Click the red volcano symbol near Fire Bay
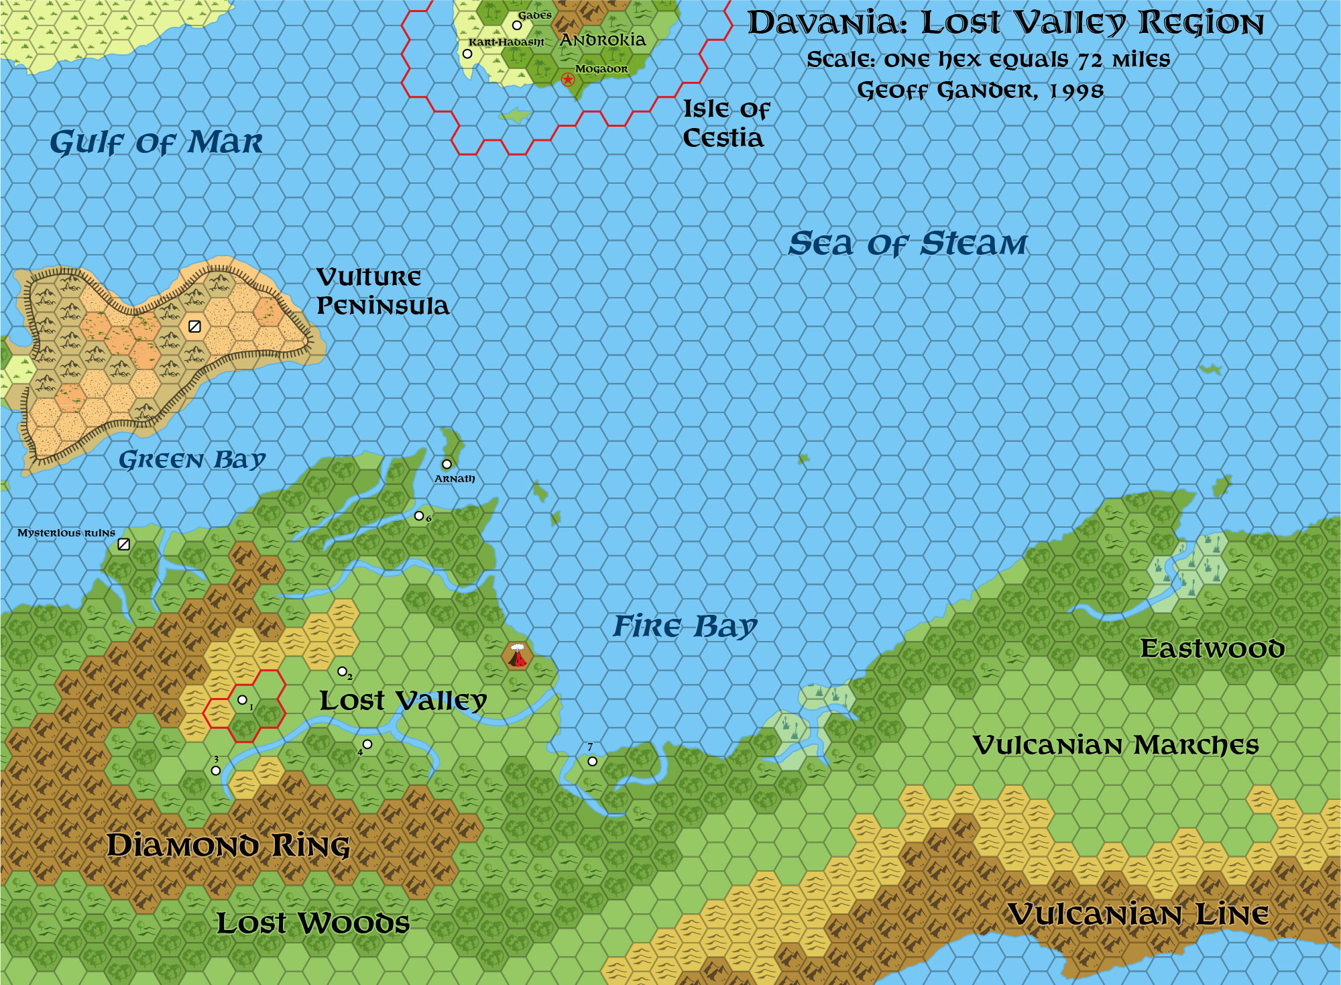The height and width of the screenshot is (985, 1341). (517, 656)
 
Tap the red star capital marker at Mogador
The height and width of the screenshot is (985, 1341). (568, 80)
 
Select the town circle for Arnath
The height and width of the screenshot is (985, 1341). (447, 464)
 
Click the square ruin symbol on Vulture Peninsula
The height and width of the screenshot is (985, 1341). (194, 327)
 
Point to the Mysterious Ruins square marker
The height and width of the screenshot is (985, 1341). (123, 544)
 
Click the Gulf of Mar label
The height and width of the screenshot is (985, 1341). (156, 143)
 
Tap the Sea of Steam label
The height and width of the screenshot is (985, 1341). (907, 243)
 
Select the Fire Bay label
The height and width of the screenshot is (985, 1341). (685, 626)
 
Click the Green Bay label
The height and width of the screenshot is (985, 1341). (192, 460)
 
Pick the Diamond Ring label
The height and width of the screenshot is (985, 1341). (229, 846)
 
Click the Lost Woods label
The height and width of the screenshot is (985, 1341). (312, 923)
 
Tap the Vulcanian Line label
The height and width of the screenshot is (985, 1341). (1139, 915)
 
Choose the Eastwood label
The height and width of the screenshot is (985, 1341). (1212, 648)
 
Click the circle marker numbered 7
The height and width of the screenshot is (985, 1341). (592, 761)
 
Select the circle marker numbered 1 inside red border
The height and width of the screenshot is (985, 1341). (243, 700)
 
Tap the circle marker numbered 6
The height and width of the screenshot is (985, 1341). (419, 516)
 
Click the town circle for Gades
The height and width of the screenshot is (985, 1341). (517, 25)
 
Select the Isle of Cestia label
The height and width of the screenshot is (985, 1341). (725, 123)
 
